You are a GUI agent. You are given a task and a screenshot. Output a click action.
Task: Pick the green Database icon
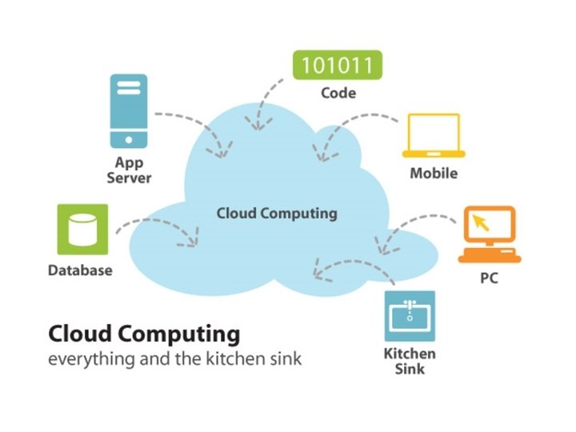tap(81, 230)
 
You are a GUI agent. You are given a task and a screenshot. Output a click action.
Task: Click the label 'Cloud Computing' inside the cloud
tap(277, 214)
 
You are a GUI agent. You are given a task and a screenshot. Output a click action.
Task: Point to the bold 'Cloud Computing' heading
tap(144, 333)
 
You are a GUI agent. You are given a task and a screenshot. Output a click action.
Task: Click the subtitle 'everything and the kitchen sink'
tap(174, 358)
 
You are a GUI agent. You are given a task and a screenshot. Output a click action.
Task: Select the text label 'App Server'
tap(129, 170)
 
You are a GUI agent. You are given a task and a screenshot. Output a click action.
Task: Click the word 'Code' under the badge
tap(338, 94)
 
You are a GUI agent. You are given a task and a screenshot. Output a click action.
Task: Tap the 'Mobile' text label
tap(434, 174)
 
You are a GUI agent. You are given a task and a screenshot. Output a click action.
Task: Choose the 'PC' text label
tap(490, 281)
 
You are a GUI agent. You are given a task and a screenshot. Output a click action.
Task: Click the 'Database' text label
tap(80, 270)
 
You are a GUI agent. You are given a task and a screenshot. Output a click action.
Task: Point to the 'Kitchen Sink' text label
tap(409, 361)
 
